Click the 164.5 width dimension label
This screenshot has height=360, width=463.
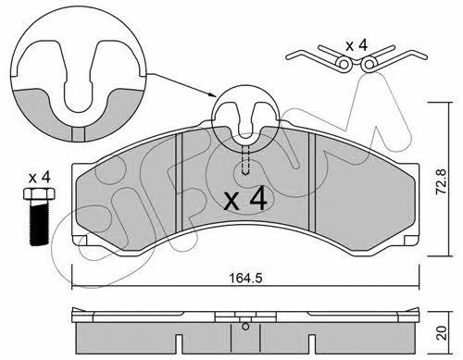click(x=245, y=278)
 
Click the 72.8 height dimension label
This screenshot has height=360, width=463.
click(x=442, y=181)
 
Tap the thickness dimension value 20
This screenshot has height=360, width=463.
click(x=442, y=333)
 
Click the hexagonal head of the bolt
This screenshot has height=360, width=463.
click(x=39, y=193)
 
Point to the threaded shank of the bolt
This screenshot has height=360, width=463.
click(x=39, y=222)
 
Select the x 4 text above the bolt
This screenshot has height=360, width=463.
click(x=39, y=178)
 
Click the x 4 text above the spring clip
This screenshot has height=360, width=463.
click(x=357, y=45)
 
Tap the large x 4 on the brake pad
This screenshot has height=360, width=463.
click(x=245, y=200)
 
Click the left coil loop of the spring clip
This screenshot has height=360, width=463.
click(x=344, y=64)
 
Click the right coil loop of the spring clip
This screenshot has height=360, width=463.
click(x=369, y=64)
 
